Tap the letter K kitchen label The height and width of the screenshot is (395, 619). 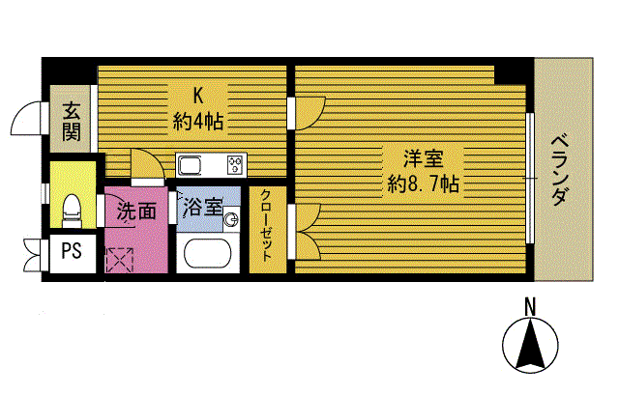(x=198, y=96)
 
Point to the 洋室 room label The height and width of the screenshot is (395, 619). (x=423, y=157)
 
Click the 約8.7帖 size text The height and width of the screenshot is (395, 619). (x=423, y=183)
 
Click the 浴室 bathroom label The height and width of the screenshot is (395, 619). (x=203, y=206)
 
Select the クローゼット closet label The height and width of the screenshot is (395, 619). (x=264, y=228)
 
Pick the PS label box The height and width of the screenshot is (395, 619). (x=71, y=253)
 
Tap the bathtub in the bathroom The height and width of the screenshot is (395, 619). (x=206, y=256)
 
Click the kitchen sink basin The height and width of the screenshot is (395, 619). (x=190, y=161)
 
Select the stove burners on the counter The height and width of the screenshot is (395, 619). (x=236, y=161)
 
